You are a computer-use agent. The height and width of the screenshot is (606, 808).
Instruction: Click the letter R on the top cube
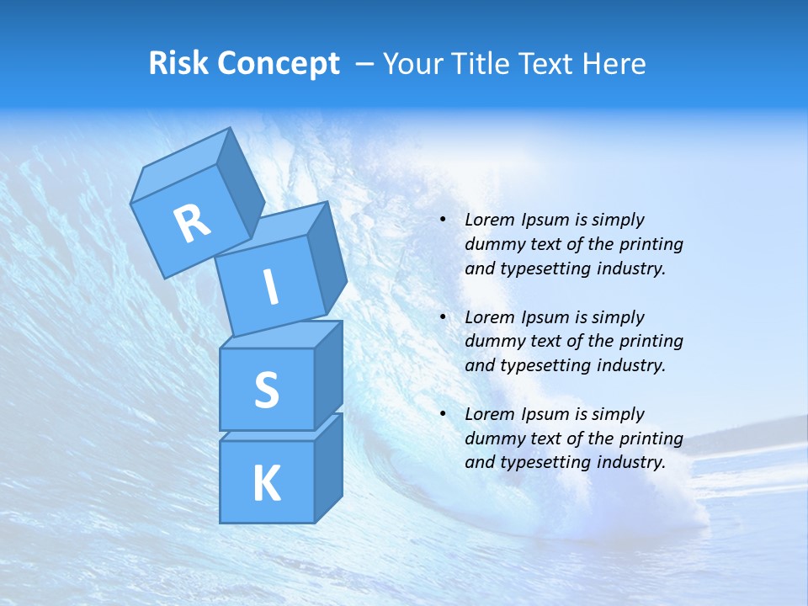pyautogui.click(x=192, y=223)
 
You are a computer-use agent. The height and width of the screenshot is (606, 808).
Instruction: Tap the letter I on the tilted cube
pyautogui.click(x=271, y=288)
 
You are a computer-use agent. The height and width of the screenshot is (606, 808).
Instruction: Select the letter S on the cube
pyautogui.click(x=266, y=390)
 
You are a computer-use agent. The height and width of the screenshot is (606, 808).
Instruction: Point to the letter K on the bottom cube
pyautogui.click(x=266, y=484)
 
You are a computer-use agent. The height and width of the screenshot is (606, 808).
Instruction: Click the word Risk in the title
pyautogui.click(x=179, y=63)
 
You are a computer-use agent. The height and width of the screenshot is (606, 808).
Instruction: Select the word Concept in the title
pyautogui.click(x=278, y=64)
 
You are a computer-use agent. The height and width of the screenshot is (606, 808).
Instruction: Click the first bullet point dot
pyautogui.click(x=444, y=221)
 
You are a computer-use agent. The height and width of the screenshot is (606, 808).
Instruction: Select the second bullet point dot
pyautogui.click(x=444, y=318)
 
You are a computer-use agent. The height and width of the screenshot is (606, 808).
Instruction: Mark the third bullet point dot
pyautogui.click(x=444, y=415)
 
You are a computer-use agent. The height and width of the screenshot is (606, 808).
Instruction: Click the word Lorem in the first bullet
pyautogui.click(x=487, y=221)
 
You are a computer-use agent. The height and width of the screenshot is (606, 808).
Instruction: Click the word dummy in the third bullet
pyautogui.click(x=492, y=439)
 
